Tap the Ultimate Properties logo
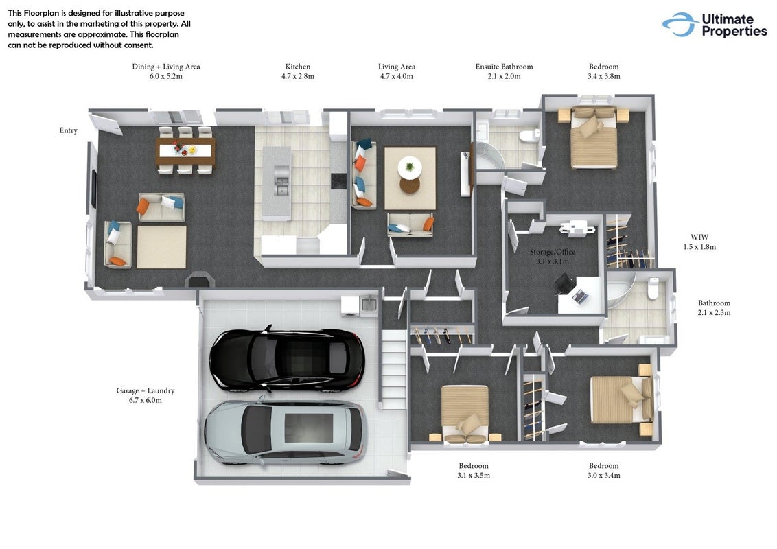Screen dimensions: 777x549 (x=715, y=25)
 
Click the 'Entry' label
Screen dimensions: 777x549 (x=69, y=130)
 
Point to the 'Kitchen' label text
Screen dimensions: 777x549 (x=298, y=67)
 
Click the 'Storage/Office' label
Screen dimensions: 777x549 (x=553, y=252)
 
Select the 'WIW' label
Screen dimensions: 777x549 (x=699, y=237)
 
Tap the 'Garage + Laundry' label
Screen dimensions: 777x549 (x=146, y=390)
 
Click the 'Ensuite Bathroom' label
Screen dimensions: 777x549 (x=504, y=67)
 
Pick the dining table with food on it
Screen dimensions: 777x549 (x=185, y=150)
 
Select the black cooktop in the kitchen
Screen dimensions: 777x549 (x=339, y=180)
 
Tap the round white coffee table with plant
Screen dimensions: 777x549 (x=410, y=167)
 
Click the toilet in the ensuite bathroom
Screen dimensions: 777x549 (x=529, y=135)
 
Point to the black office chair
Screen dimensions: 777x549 (x=565, y=284)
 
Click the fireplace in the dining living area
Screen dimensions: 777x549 (x=200, y=279)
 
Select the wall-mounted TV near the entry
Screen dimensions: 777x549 (x=93, y=189)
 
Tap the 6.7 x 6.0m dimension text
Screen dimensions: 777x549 (x=146, y=400)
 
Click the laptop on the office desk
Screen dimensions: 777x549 (x=580, y=296)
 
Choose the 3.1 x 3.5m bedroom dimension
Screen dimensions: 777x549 (x=474, y=475)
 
